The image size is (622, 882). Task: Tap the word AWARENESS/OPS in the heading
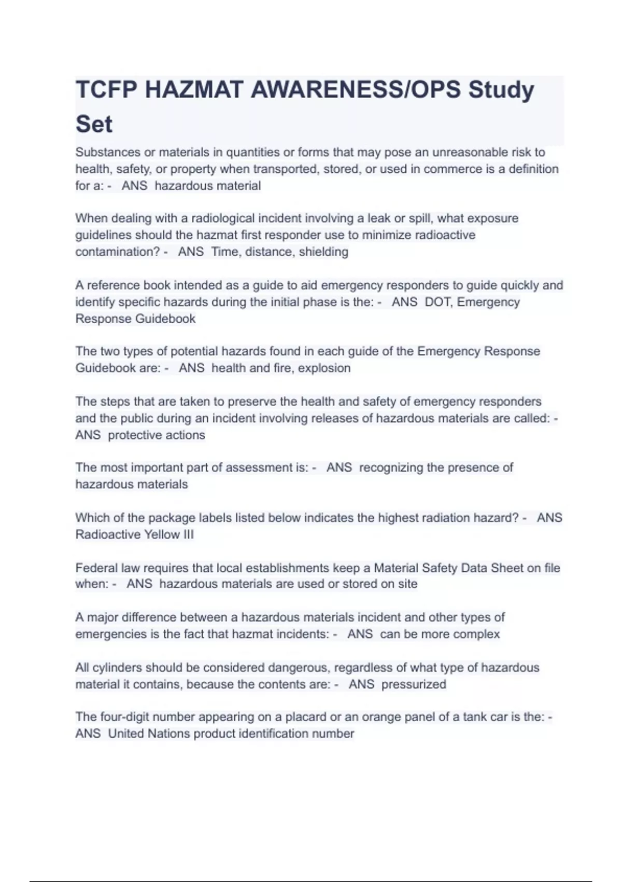[x=356, y=90]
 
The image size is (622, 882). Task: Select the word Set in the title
[x=94, y=125]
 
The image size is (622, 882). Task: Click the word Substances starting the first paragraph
[x=108, y=153]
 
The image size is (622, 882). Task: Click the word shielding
[x=323, y=252]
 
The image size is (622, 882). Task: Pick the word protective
[x=130, y=435]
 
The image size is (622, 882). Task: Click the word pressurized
[x=414, y=684]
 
